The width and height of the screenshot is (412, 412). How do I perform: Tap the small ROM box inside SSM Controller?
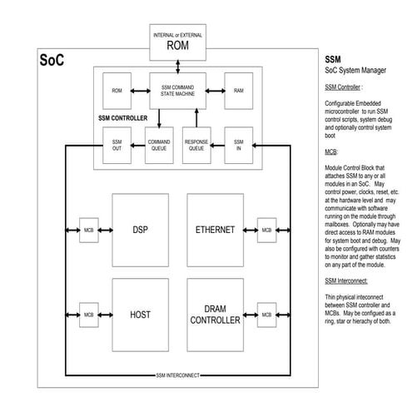coord(117,90)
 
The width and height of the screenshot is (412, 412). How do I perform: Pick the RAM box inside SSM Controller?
coord(239,90)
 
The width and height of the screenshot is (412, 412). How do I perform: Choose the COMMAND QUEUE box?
coord(158,146)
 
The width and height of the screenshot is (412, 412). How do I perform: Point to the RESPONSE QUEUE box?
coord(196,146)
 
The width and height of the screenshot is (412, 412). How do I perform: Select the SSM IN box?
coord(239,146)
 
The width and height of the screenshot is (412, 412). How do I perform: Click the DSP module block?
coord(140,229)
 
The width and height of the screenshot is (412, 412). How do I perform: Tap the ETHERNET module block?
coord(215,229)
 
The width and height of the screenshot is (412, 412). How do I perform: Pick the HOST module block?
coord(140,315)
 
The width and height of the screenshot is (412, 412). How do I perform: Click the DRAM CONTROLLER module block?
coord(215,315)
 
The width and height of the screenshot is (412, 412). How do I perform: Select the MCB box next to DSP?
coord(88,230)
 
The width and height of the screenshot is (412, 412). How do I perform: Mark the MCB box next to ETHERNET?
coord(266,230)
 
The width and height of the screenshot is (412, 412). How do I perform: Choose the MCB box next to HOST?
coord(88,315)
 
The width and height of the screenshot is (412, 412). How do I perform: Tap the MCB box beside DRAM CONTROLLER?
coord(266,315)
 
